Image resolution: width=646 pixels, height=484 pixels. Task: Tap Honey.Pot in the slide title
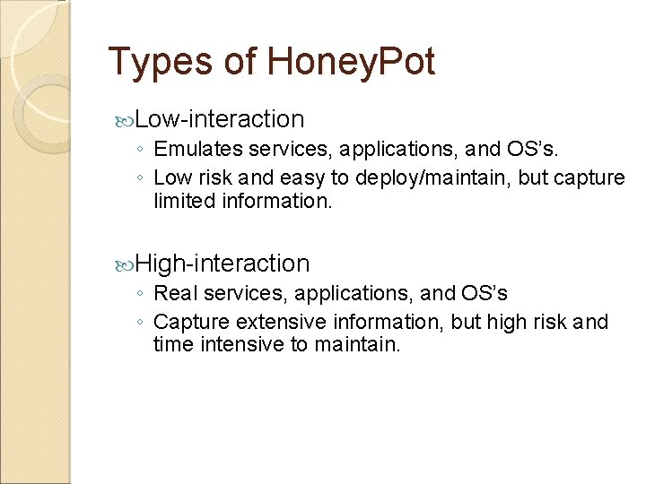point(351,63)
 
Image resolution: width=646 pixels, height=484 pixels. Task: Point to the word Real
point(173,293)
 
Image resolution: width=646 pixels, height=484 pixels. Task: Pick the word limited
point(180,202)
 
